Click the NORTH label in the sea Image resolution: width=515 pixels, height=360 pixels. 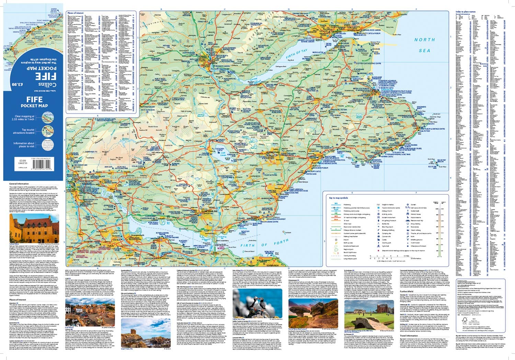425,40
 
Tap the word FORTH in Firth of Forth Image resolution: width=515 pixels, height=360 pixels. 281,242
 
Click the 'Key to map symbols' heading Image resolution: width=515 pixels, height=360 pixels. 339,198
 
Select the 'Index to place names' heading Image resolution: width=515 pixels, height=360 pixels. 465,11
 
